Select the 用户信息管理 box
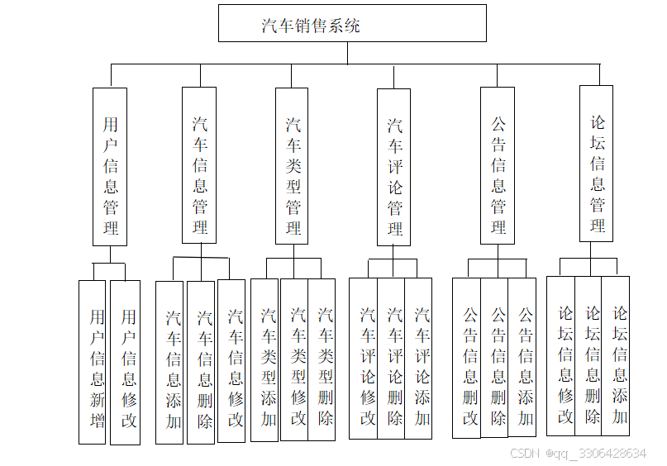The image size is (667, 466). click(110, 166)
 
